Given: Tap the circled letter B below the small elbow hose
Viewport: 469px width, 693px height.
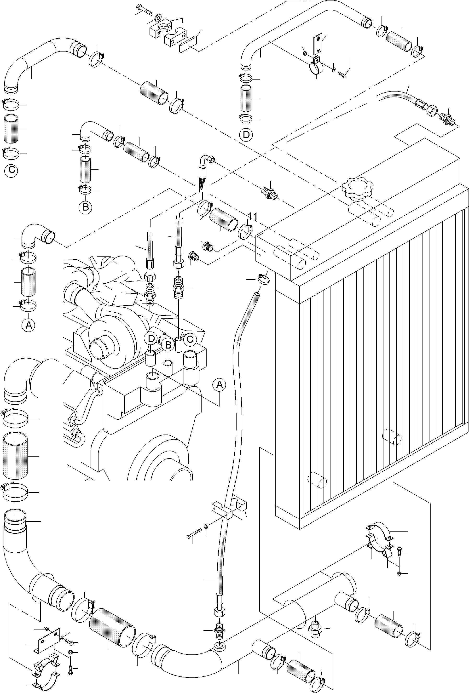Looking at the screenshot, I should [x=85, y=207].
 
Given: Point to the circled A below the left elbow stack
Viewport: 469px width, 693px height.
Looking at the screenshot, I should [x=29, y=325].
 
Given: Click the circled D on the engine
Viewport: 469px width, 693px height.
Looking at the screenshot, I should [x=151, y=338].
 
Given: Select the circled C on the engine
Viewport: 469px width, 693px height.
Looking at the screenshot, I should [x=190, y=339].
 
